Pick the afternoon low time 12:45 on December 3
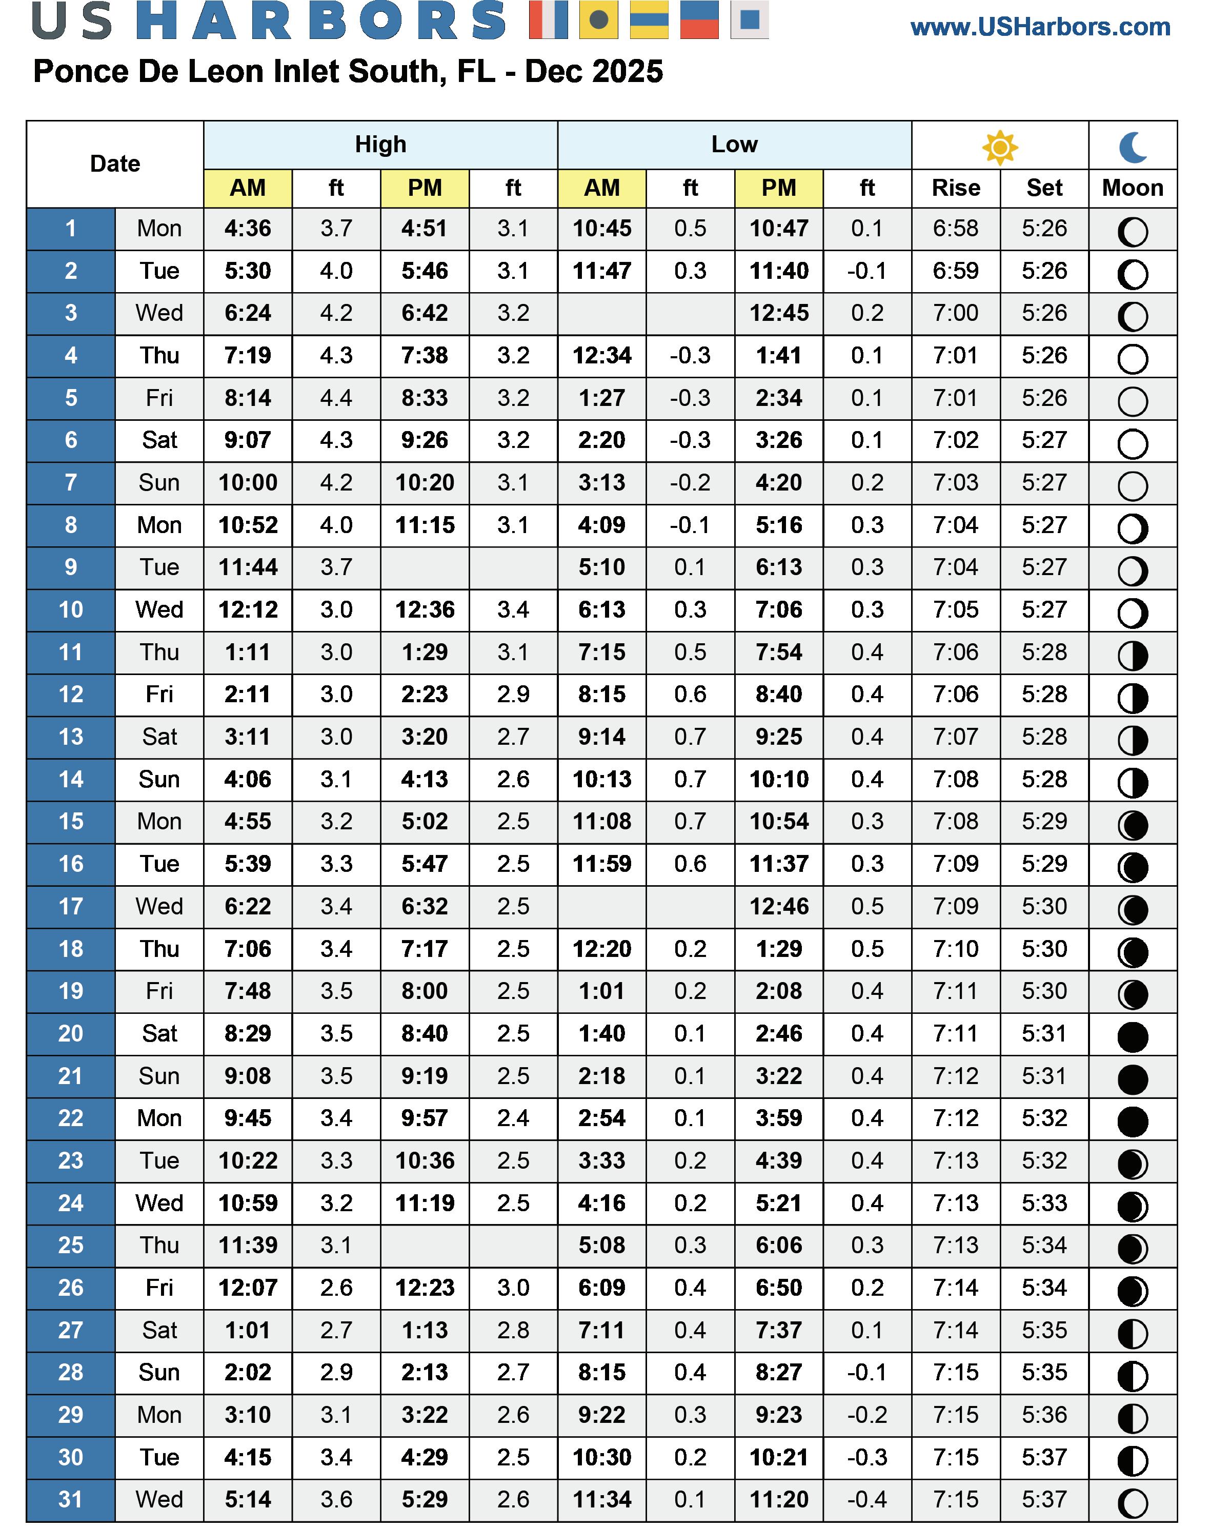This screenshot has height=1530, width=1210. (779, 313)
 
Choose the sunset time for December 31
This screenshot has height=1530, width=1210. (1044, 1500)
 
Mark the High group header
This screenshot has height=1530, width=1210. (380, 145)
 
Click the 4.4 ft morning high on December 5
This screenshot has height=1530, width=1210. (336, 398)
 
